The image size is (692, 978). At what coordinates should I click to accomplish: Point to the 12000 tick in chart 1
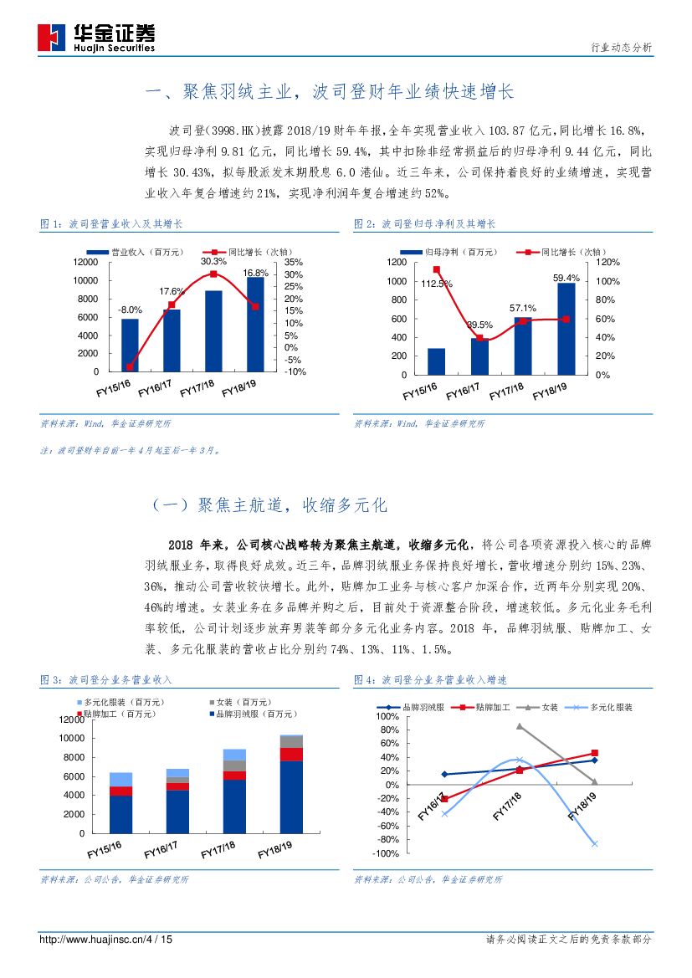point(83,262)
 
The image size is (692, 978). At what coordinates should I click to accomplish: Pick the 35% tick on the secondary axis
point(294,262)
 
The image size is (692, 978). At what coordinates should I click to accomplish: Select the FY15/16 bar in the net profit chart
point(436,361)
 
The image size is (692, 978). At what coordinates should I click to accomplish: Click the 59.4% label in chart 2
point(566,278)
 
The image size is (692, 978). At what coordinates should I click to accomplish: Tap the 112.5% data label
point(437,284)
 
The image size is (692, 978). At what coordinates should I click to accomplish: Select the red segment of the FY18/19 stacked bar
point(291,755)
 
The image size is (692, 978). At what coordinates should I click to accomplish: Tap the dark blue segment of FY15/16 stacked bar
point(121,814)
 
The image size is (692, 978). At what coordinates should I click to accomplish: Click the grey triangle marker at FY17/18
point(520,726)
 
